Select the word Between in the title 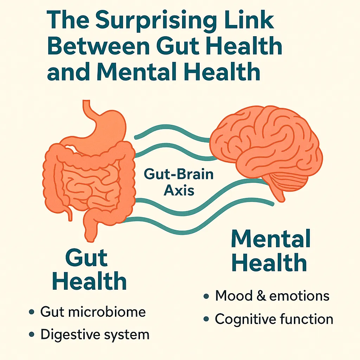click(98, 46)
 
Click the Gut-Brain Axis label click(179, 182)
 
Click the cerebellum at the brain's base click(289, 181)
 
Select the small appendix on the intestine click(69, 213)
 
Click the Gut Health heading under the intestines click(90, 270)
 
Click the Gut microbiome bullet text click(93, 312)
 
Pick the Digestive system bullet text click(95, 335)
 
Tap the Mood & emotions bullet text click(272, 296)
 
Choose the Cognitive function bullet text click(274, 319)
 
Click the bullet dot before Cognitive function click(206, 319)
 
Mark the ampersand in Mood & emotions click(261, 296)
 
